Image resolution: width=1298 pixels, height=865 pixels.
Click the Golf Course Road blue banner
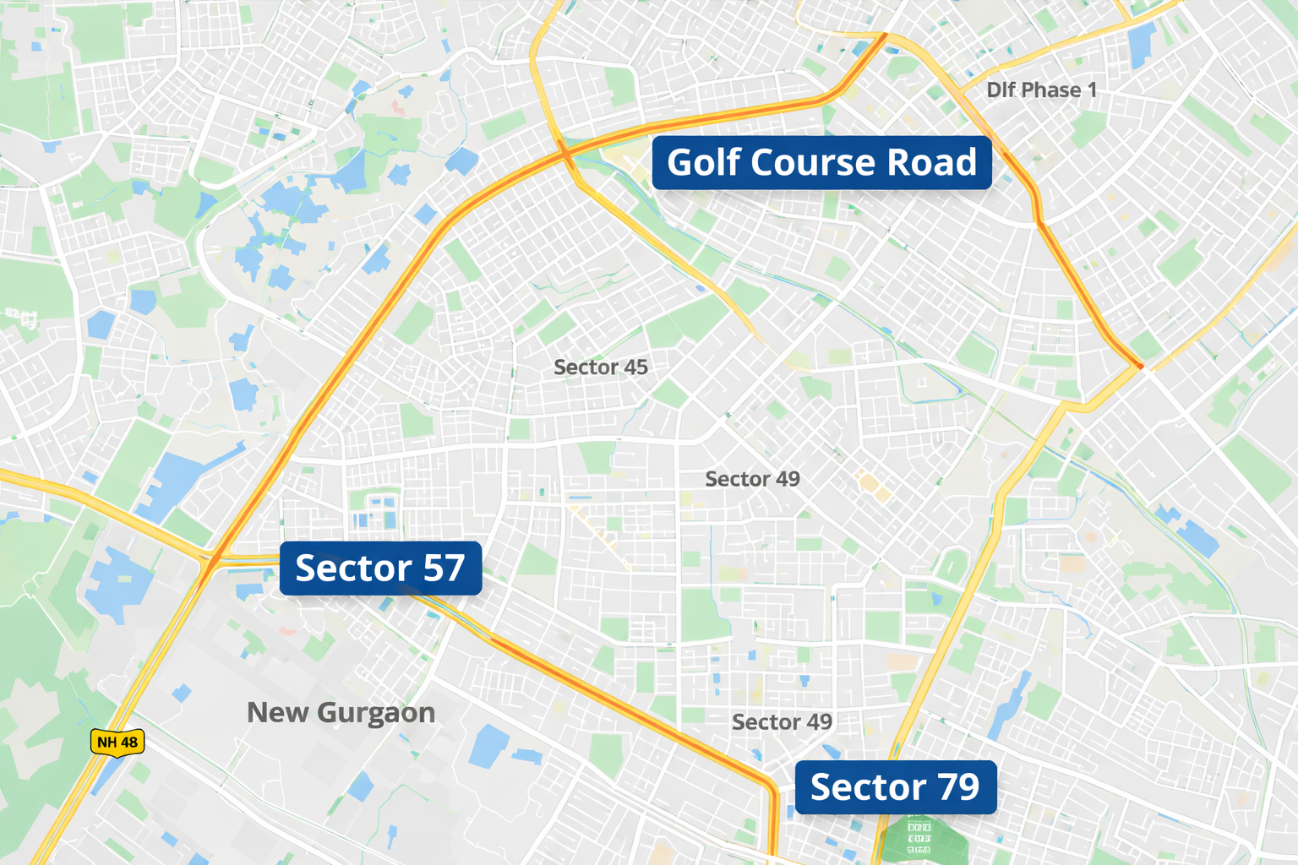821,162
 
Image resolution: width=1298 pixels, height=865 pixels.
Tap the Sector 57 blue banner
380,569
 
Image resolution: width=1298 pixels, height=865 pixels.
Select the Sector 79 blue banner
895,787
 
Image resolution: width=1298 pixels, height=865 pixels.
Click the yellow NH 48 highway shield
117,743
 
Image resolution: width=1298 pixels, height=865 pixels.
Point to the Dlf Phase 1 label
1041,90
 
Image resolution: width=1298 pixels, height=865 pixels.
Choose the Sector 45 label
600,367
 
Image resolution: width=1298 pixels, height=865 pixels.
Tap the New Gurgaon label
341,713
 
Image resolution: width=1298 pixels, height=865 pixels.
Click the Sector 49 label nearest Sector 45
752,480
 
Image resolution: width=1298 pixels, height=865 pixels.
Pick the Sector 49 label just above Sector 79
782,722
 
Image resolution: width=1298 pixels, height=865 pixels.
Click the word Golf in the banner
704,162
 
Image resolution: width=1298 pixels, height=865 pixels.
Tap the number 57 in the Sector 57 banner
444,569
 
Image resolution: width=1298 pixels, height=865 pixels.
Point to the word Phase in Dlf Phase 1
1050,90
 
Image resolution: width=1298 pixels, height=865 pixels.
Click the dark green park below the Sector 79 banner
919,841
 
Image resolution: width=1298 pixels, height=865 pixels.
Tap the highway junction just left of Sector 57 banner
211,559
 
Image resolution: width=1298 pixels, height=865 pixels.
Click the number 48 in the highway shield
128,743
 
